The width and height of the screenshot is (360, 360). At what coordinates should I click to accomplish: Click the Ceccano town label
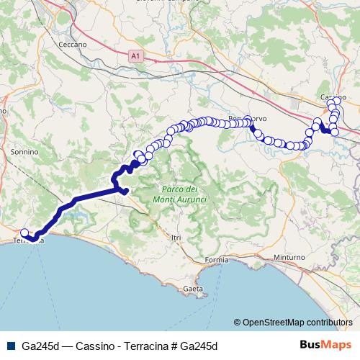pyautogui.click(x=73, y=44)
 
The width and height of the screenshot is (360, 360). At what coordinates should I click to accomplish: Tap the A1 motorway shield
pyautogui.click(x=136, y=55)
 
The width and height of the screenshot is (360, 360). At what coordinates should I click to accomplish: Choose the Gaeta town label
pyautogui.click(x=193, y=289)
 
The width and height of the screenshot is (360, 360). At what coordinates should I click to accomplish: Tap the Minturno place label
pyautogui.click(x=290, y=257)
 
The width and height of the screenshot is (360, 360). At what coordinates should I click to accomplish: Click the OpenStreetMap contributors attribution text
pyautogui.click(x=298, y=323)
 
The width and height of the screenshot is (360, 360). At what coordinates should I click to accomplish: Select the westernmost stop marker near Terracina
pyautogui.click(x=24, y=233)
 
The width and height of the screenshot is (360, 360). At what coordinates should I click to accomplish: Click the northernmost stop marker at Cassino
pyautogui.click(x=332, y=103)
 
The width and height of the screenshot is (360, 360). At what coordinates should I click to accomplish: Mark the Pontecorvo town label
pyautogui.click(x=247, y=118)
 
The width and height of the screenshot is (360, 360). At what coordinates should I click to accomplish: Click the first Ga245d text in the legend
pyautogui.click(x=39, y=346)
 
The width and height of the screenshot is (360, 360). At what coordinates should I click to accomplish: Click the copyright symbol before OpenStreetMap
pyautogui.click(x=238, y=323)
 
